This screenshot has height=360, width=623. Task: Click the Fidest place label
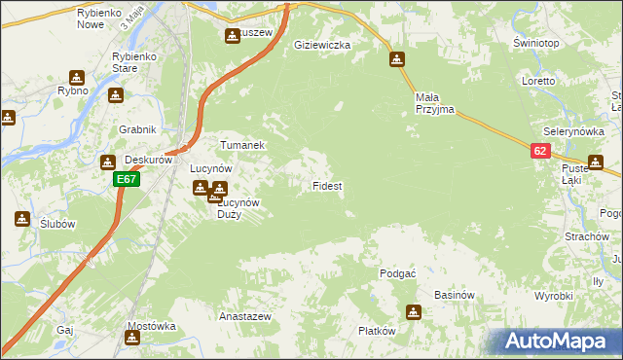point(326,185)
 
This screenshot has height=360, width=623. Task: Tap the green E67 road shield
point(126,179)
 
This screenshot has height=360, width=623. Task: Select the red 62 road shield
point(541,151)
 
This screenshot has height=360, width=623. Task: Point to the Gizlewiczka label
point(322,45)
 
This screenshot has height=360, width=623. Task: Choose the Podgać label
point(398,273)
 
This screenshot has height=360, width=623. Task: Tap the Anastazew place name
point(244,317)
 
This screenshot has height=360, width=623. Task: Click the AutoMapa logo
point(557,342)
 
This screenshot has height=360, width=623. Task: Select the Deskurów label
point(149,160)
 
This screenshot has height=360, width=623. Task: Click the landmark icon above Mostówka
point(131,338)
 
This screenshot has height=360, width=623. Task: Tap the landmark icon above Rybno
point(77,78)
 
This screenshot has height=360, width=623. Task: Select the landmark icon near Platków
point(415,312)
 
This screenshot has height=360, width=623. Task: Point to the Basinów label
point(454,295)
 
